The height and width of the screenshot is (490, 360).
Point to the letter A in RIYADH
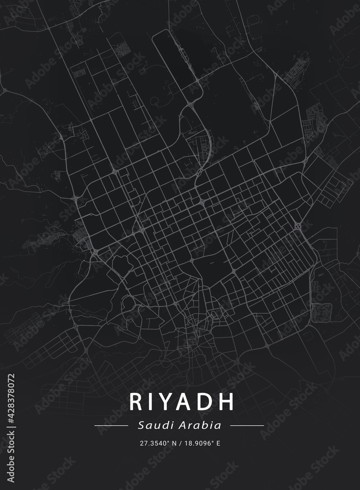(187, 402)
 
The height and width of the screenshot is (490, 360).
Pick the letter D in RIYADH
(206, 402)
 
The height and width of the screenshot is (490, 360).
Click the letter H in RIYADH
(226, 402)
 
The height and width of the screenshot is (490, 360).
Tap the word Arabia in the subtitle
(201, 425)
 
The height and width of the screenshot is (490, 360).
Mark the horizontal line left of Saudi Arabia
(111, 425)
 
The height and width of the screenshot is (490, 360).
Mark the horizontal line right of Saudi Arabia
(247, 425)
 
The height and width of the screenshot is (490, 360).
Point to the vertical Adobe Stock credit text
(11, 458)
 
